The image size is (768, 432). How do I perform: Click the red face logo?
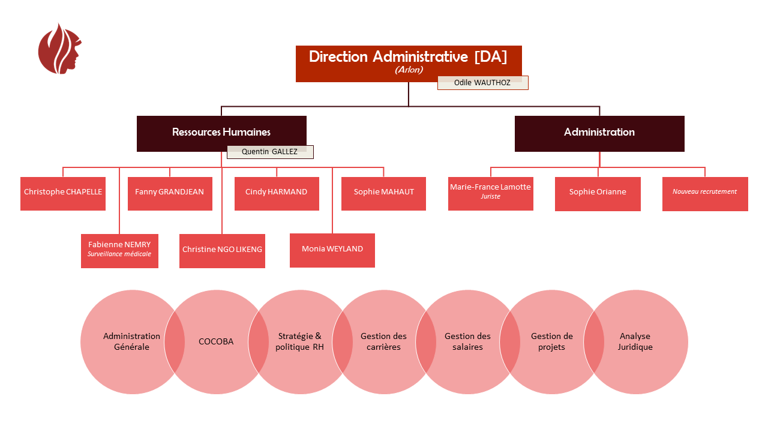tap(59, 49)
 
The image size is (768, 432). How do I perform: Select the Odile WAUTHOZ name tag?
tap(482, 83)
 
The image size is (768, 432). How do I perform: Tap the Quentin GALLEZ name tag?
tap(269, 152)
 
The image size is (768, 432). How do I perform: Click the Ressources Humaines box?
tap(221, 132)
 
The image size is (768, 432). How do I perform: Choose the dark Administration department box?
tap(599, 133)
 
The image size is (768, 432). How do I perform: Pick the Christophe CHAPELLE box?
tap(63, 193)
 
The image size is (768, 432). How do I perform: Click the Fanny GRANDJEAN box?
tap(170, 193)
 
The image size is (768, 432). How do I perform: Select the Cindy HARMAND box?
tap(277, 193)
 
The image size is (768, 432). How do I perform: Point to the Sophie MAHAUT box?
tap(383, 193)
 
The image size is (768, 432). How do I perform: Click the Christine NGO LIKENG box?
tap(222, 250)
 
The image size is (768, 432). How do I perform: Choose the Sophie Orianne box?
tap(598, 193)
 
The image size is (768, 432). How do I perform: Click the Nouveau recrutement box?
tap(705, 193)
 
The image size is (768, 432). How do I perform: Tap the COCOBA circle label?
tap(216, 342)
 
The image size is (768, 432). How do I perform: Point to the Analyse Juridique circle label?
tap(635, 342)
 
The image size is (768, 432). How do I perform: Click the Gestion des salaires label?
tap(467, 342)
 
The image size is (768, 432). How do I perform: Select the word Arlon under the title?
tap(409, 70)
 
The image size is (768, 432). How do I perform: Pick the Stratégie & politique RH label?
tap(299, 342)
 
